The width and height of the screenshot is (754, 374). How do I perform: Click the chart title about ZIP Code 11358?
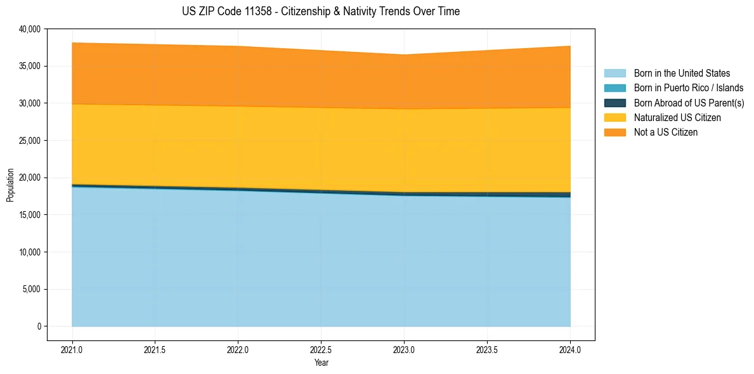pyautogui.click(x=321, y=11)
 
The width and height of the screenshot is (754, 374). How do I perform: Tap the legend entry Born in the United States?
pyautogui.click(x=682, y=74)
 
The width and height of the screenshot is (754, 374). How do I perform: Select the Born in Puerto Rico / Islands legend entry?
pyautogui.click(x=688, y=88)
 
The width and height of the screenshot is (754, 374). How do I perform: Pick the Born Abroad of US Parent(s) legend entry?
pyautogui.click(x=689, y=103)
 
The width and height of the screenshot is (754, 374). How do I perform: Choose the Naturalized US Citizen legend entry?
pyautogui.click(x=677, y=118)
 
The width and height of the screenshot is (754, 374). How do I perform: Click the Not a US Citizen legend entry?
pyautogui.click(x=665, y=132)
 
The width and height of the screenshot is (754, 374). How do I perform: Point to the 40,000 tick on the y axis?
pyautogui.click(x=30, y=29)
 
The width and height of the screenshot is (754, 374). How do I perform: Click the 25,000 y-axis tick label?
pyautogui.click(x=30, y=141)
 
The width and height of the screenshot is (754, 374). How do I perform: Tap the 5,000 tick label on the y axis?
pyautogui.click(x=32, y=290)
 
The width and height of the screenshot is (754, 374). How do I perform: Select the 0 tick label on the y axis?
pyautogui.click(x=39, y=326)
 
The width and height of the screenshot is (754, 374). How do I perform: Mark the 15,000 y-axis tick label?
pyautogui.click(x=30, y=215)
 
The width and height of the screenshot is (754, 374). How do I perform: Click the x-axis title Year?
pyautogui.click(x=321, y=363)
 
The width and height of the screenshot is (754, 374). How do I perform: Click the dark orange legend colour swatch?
pyautogui.click(x=614, y=132)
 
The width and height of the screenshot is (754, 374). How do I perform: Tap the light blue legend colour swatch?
pyautogui.click(x=614, y=74)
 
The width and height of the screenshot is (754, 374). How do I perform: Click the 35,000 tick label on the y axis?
pyautogui.click(x=30, y=66)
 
